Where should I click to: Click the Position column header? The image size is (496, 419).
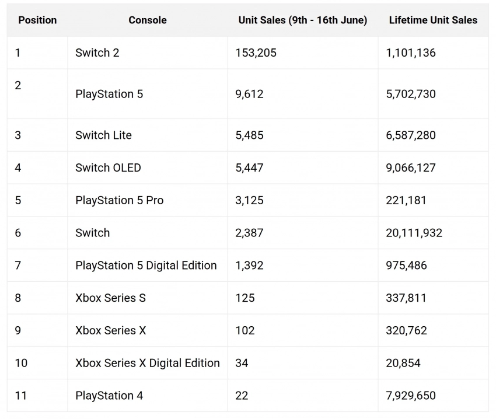[x=37, y=20]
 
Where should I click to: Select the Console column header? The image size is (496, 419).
[x=148, y=20]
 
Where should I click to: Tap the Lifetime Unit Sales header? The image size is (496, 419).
[x=433, y=20]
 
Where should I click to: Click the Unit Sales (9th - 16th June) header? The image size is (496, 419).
[x=303, y=20]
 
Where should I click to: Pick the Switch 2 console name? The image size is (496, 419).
[x=97, y=53]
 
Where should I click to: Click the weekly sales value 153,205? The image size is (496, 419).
[x=256, y=53]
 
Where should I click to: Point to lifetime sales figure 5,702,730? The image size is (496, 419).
[x=411, y=94]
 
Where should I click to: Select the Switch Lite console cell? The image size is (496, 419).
[x=103, y=135]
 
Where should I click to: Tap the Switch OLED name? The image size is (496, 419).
[x=108, y=168]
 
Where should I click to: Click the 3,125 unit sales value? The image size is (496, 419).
[x=249, y=201]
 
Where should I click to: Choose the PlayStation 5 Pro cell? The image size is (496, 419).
[x=119, y=201]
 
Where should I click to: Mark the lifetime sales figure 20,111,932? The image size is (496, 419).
[x=414, y=233]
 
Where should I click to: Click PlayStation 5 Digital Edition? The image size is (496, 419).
[x=146, y=266]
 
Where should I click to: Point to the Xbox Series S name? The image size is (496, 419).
[x=110, y=298]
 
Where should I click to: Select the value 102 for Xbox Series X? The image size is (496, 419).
[x=245, y=331]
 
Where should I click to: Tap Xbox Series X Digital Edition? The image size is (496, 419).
[x=148, y=363]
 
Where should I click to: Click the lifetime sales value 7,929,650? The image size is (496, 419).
[x=411, y=396]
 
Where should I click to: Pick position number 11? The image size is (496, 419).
[x=21, y=396]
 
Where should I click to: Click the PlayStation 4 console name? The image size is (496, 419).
[x=109, y=396]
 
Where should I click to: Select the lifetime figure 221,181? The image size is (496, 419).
[x=406, y=201]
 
